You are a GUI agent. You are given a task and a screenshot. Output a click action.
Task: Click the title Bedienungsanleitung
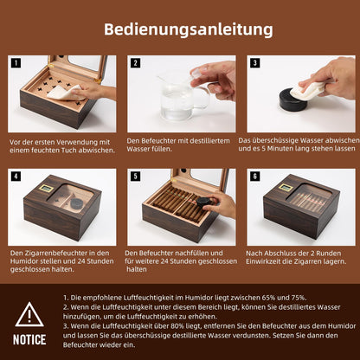click(x=189, y=29)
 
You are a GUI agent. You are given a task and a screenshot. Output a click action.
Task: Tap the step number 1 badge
click(x=16, y=63)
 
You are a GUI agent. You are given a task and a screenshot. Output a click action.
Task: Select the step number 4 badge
click(x=16, y=176)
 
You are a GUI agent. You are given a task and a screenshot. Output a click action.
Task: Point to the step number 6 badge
click(x=255, y=176)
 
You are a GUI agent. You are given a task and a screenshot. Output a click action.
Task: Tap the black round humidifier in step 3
click(x=293, y=100)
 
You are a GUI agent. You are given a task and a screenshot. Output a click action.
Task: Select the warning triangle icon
click(x=29, y=314)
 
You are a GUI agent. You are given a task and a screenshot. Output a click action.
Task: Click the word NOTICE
click(x=29, y=339)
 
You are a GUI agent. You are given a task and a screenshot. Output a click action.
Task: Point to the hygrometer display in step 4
click(x=46, y=189)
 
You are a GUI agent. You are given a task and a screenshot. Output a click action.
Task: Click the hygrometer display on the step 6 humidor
click(x=286, y=187)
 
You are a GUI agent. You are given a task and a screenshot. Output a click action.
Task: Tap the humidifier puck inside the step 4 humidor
click(x=77, y=203)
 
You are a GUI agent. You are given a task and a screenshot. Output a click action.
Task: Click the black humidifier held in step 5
click(x=203, y=202)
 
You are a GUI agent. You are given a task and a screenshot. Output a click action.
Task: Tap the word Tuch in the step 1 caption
click(x=69, y=151)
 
